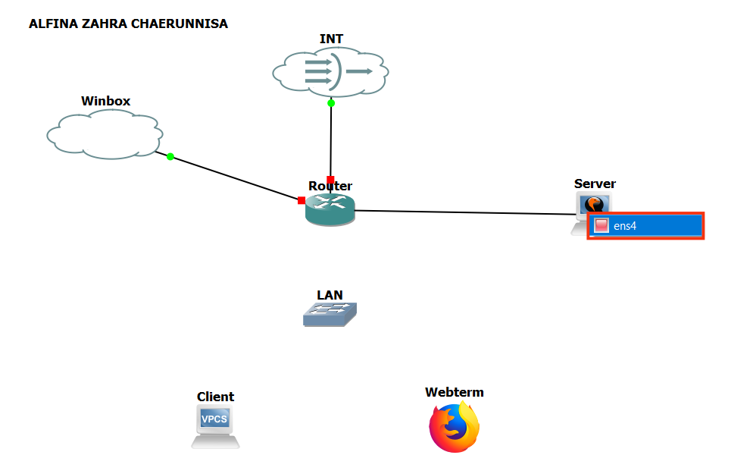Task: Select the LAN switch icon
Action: [x=330, y=314]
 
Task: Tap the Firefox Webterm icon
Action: [x=455, y=428]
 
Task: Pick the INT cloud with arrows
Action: [x=330, y=72]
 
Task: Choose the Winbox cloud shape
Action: [x=104, y=134]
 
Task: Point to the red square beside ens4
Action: [x=601, y=226]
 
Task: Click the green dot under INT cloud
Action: [x=331, y=103]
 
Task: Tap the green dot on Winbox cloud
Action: [x=170, y=156]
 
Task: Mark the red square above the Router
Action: [x=330, y=180]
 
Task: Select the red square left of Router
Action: [x=302, y=200]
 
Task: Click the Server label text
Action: [x=595, y=184]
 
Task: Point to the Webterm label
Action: [x=454, y=392]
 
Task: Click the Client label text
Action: [x=215, y=397]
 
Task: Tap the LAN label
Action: [x=330, y=295]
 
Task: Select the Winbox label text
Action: [x=106, y=101]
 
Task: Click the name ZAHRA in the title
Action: [x=102, y=24]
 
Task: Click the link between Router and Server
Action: [x=462, y=212]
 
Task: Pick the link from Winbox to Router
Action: [x=235, y=178]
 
